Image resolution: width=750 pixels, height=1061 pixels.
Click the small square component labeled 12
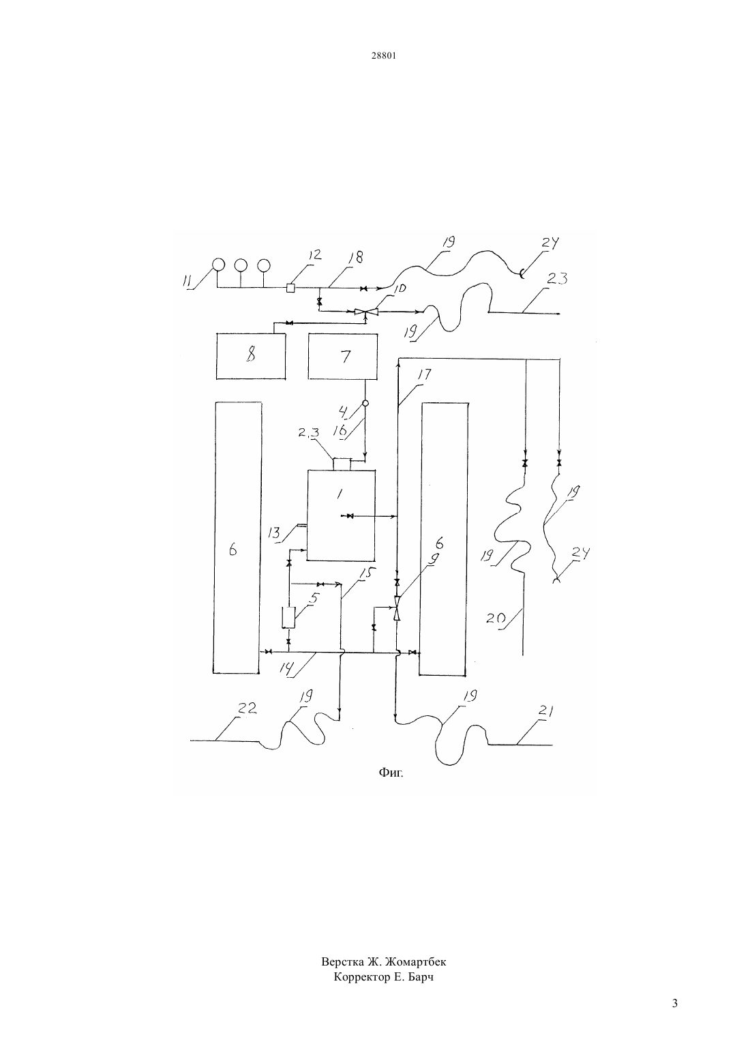tap(290, 288)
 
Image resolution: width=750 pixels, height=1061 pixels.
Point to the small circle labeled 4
tap(365, 403)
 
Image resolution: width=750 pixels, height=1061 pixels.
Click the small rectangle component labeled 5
tap(288, 617)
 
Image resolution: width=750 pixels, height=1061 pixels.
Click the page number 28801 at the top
tap(383, 55)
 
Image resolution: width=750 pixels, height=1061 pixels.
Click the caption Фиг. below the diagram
tap(391, 773)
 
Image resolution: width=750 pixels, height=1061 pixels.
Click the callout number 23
tap(557, 278)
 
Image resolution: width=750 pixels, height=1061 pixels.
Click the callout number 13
tap(274, 533)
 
